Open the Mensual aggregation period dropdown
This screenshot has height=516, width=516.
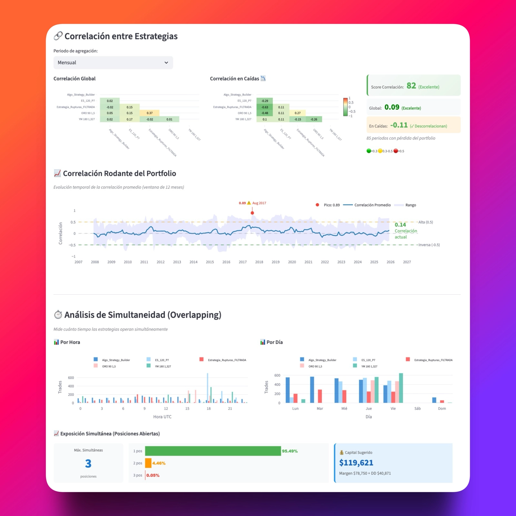113,63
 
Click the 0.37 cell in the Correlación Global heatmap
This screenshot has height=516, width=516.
149,113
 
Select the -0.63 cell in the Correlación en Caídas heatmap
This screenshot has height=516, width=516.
265,107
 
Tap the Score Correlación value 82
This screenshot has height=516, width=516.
411,86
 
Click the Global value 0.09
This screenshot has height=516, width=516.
392,107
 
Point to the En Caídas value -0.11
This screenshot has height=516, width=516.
399,125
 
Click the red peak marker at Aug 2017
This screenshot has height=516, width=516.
252,213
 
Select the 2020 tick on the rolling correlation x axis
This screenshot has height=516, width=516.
292,262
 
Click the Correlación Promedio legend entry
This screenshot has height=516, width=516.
372,205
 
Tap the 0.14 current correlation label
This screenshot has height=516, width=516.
400,225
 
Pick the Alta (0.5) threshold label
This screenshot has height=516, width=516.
425,222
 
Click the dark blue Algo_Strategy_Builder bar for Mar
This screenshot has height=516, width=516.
312,390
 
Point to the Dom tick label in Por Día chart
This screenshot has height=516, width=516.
442,409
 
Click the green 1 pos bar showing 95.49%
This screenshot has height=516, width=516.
213,451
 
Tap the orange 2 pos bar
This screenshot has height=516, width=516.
148,463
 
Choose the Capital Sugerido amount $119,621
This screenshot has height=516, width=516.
356,463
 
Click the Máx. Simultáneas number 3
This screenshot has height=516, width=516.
88,464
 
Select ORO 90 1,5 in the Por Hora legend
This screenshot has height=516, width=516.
109,366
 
